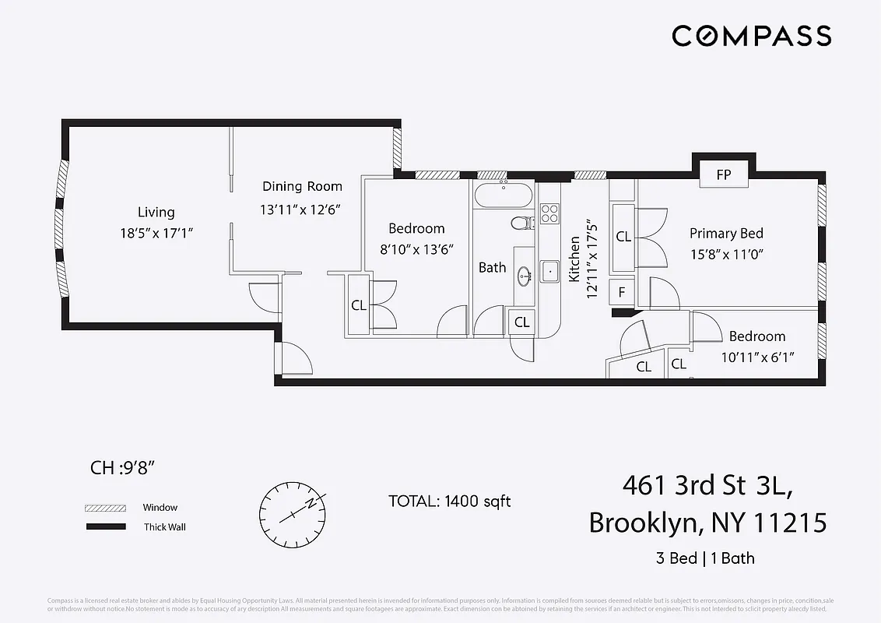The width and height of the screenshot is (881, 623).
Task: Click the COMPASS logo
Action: [751, 36]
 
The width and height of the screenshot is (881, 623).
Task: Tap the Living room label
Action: [156, 212]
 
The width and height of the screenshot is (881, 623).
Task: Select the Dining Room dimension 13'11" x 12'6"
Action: [300, 209]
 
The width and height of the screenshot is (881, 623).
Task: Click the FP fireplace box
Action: [724, 174]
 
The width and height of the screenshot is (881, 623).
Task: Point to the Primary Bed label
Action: [726, 233]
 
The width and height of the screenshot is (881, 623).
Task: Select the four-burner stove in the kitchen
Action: [549, 213]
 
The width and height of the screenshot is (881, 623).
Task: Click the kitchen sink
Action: [549, 272]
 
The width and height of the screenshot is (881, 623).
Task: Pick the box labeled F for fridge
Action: [621, 292]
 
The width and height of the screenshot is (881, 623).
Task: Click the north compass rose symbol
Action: [293, 513]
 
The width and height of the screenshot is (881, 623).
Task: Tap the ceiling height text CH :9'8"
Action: [124, 468]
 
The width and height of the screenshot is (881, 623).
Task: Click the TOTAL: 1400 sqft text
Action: [449, 501]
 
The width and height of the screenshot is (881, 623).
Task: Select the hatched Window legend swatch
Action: [105, 508]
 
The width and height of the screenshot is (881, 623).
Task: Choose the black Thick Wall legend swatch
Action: [105, 527]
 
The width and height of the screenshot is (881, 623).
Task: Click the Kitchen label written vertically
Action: [574, 259]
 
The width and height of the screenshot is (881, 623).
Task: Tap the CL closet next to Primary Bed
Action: [623, 237]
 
